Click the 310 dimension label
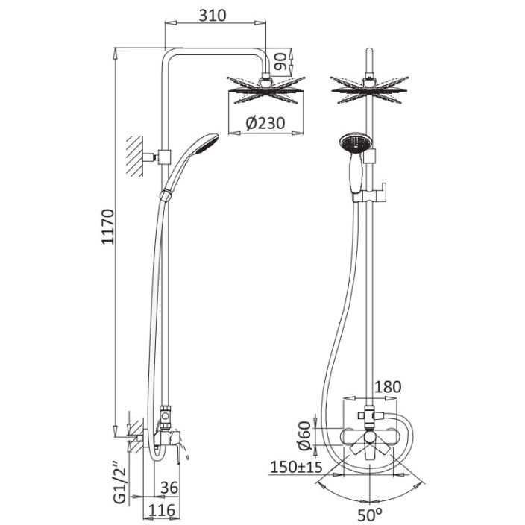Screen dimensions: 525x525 point(213,16)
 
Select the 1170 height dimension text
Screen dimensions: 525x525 point(108,227)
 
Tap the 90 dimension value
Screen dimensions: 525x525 point(280,61)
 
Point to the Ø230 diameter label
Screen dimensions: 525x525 point(265,123)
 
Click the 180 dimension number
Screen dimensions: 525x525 point(387,387)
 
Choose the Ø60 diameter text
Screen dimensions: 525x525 point(305,436)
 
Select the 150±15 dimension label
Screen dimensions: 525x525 point(296,467)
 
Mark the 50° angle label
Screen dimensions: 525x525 point(370,515)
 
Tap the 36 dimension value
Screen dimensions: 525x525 point(169,488)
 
